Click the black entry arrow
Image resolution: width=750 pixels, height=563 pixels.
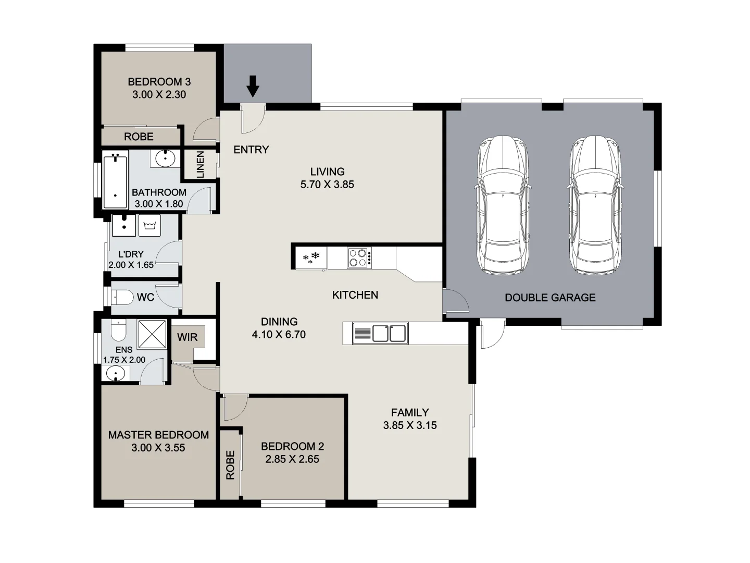tap(253, 86)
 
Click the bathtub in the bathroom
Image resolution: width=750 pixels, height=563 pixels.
tap(115, 180)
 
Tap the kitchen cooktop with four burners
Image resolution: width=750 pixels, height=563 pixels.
tap(359, 258)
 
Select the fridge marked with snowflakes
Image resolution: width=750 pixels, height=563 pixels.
tap(311, 258)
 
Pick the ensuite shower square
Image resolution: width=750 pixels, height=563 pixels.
tap(152, 334)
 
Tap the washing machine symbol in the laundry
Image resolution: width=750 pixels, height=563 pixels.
tap(150, 225)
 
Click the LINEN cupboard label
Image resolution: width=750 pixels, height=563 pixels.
tap(201, 165)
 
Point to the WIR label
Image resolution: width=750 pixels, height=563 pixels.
tap(187, 337)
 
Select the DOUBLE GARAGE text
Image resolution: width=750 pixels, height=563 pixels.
tap(550, 298)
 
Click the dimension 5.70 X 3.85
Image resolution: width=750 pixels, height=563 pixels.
tap(327, 185)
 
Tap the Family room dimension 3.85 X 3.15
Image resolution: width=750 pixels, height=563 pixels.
tap(410, 425)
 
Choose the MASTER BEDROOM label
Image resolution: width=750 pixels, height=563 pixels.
tap(158, 435)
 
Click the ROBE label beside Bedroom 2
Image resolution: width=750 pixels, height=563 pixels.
tap(230, 465)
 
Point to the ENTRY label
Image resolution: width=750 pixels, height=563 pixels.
tap(251, 150)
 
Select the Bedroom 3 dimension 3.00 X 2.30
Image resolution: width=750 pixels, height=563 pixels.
tap(159, 95)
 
